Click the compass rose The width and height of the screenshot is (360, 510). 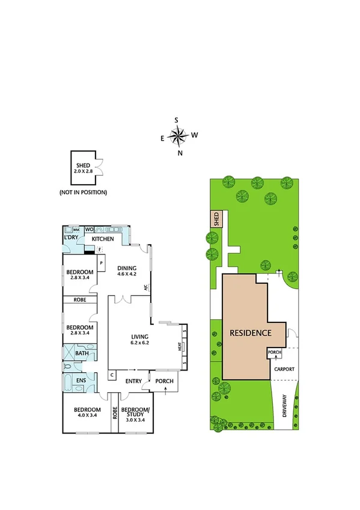pos(178,136)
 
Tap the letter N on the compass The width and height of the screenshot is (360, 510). pos(180,153)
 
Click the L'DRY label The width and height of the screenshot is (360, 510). pos(73,239)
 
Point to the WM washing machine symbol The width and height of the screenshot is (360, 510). pos(76,230)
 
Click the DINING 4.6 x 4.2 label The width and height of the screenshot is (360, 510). pos(127,271)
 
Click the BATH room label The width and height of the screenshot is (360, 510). pos(82,354)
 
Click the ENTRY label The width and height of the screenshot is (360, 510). pos(133,381)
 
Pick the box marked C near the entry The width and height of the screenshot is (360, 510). pos(112,376)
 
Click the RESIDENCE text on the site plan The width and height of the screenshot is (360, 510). pos(249,333)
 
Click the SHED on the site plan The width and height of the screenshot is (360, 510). pos(216,220)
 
